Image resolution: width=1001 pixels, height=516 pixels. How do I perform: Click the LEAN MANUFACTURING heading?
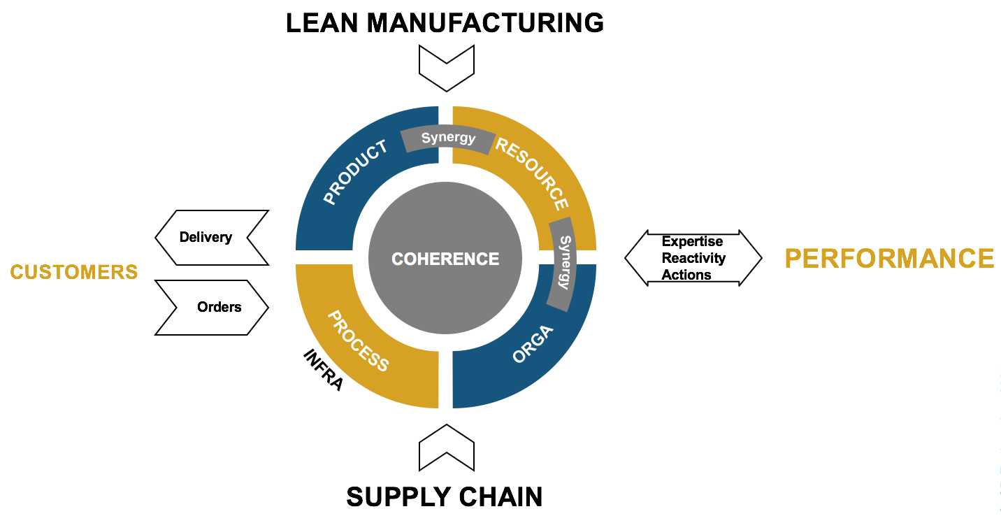445,23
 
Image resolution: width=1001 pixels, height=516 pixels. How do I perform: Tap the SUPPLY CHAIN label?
445,497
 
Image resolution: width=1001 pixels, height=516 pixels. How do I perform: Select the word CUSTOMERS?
74,272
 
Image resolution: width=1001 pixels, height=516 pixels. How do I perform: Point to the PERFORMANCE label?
889,259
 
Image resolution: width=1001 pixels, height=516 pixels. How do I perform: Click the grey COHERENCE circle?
445,259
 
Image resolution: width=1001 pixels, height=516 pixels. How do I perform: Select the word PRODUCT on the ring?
355,173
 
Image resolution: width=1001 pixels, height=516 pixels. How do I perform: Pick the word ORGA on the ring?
533,343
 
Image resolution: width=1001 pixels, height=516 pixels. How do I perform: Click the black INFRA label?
323,370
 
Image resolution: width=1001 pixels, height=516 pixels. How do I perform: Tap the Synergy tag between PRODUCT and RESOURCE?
448,138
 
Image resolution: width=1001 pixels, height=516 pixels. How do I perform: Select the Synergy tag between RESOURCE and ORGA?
563,262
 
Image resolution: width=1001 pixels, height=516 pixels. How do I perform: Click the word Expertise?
692,242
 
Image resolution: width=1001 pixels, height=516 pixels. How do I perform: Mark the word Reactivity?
693,259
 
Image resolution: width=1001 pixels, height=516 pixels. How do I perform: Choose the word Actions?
686,275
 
